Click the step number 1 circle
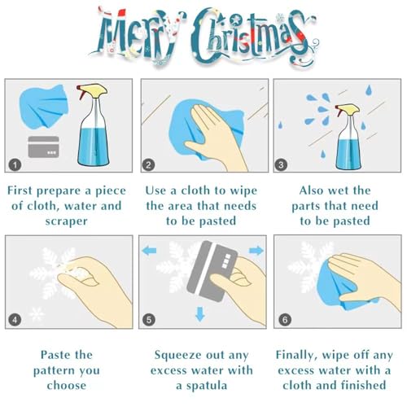(x=15, y=164)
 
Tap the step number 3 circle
(x=281, y=164)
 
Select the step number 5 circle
(x=149, y=320)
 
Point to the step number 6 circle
(x=285, y=320)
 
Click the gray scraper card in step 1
(x=44, y=147)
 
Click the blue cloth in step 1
(x=44, y=107)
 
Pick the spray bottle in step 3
(x=348, y=137)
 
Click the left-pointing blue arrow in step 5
(x=149, y=250)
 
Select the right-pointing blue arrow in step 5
(x=256, y=250)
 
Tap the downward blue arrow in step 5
(x=200, y=314)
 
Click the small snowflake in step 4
(x=37, y=314)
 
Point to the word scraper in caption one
(x=67, y=221)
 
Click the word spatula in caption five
(x=206, y=386)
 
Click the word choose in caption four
(x=67, y=386)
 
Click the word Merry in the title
(x=136, y=35)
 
